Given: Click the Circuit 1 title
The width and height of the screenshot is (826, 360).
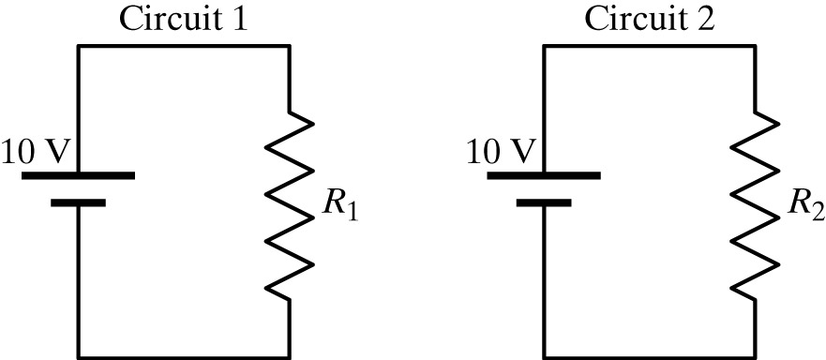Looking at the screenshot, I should tap(183, 19).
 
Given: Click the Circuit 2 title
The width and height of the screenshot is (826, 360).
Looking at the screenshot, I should tap(650, 19).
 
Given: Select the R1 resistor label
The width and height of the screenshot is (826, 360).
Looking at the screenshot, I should tap(340, 209).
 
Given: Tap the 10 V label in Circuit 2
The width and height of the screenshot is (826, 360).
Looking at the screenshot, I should tap(498, 150).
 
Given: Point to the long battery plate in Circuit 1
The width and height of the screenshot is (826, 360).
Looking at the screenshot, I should tap(79, 174).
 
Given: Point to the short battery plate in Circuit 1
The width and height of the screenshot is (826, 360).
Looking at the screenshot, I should tap(79, 201).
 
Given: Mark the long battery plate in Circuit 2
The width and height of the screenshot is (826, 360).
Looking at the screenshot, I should tap(545, 174).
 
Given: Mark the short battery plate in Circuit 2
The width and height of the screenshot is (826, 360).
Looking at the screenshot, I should tap(545, 201).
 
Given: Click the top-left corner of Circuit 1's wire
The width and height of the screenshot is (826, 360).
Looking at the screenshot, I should tap(79, 46).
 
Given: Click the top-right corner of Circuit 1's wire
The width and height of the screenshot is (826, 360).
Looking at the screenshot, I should tap(289, 46).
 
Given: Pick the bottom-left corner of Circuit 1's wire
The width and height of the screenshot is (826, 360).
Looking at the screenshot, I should tap(79, 356).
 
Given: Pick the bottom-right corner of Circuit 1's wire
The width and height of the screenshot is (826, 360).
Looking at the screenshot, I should tap(289, 356).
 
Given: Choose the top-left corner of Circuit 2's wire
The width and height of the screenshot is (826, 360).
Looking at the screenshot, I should tap(545, 46).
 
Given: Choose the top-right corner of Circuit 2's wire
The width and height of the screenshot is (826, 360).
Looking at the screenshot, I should tap(756, 46).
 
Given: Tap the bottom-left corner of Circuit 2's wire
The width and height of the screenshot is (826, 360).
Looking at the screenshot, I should tap(545, 356).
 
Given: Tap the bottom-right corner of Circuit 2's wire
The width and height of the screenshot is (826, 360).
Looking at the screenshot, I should tap(756, 356).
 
